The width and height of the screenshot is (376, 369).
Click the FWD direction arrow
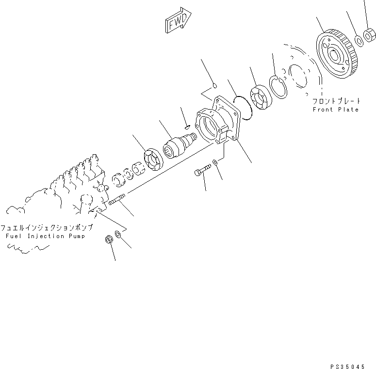[178, 21]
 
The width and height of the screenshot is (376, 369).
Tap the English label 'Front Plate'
[336, 110]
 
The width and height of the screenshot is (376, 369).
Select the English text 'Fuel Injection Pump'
[46, 236]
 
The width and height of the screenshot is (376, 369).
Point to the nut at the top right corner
[371, 35]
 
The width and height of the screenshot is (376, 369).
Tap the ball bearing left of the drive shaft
[152, 160]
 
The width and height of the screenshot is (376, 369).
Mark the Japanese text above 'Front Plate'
[337, 101]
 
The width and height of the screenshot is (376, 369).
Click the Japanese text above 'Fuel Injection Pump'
[46, 227]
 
